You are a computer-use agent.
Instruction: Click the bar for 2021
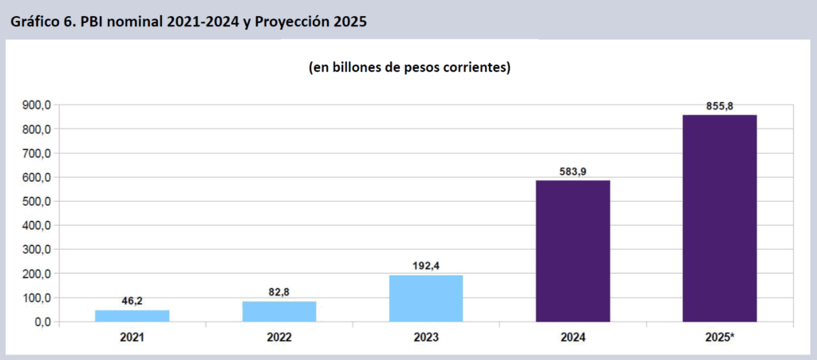[132, 315]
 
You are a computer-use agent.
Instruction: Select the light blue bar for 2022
[279, 311]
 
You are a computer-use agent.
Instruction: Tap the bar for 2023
[426, 298]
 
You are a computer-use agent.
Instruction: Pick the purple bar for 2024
[573, 251]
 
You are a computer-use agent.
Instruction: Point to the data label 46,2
[132, 303]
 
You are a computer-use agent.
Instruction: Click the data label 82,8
[279, 293]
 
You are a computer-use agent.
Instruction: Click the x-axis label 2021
[132, 338]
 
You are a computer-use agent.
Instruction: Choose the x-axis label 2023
[426, 338]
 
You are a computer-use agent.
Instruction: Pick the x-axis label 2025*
[720, 338]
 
